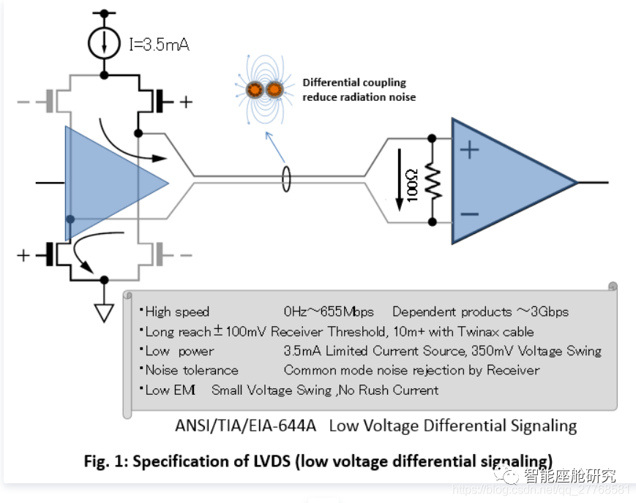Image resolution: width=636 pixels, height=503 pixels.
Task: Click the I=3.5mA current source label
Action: [159, 45]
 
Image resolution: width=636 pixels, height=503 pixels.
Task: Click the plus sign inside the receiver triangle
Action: [469, 150]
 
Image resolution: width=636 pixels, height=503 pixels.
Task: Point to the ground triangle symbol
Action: [105, 312]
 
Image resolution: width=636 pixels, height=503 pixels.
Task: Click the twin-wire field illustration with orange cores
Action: [265, 90]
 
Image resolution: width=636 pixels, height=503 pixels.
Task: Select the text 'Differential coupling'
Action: [354, 83]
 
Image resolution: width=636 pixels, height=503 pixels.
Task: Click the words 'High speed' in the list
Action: [177, 312]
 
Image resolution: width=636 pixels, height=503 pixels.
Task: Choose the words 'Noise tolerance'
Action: [192, 370]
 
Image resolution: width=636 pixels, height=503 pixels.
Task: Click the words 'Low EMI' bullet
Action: [170, 390]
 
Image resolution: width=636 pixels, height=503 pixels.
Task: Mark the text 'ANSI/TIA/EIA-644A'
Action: [245, 426]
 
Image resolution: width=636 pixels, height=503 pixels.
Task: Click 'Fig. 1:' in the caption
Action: [107, 461]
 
